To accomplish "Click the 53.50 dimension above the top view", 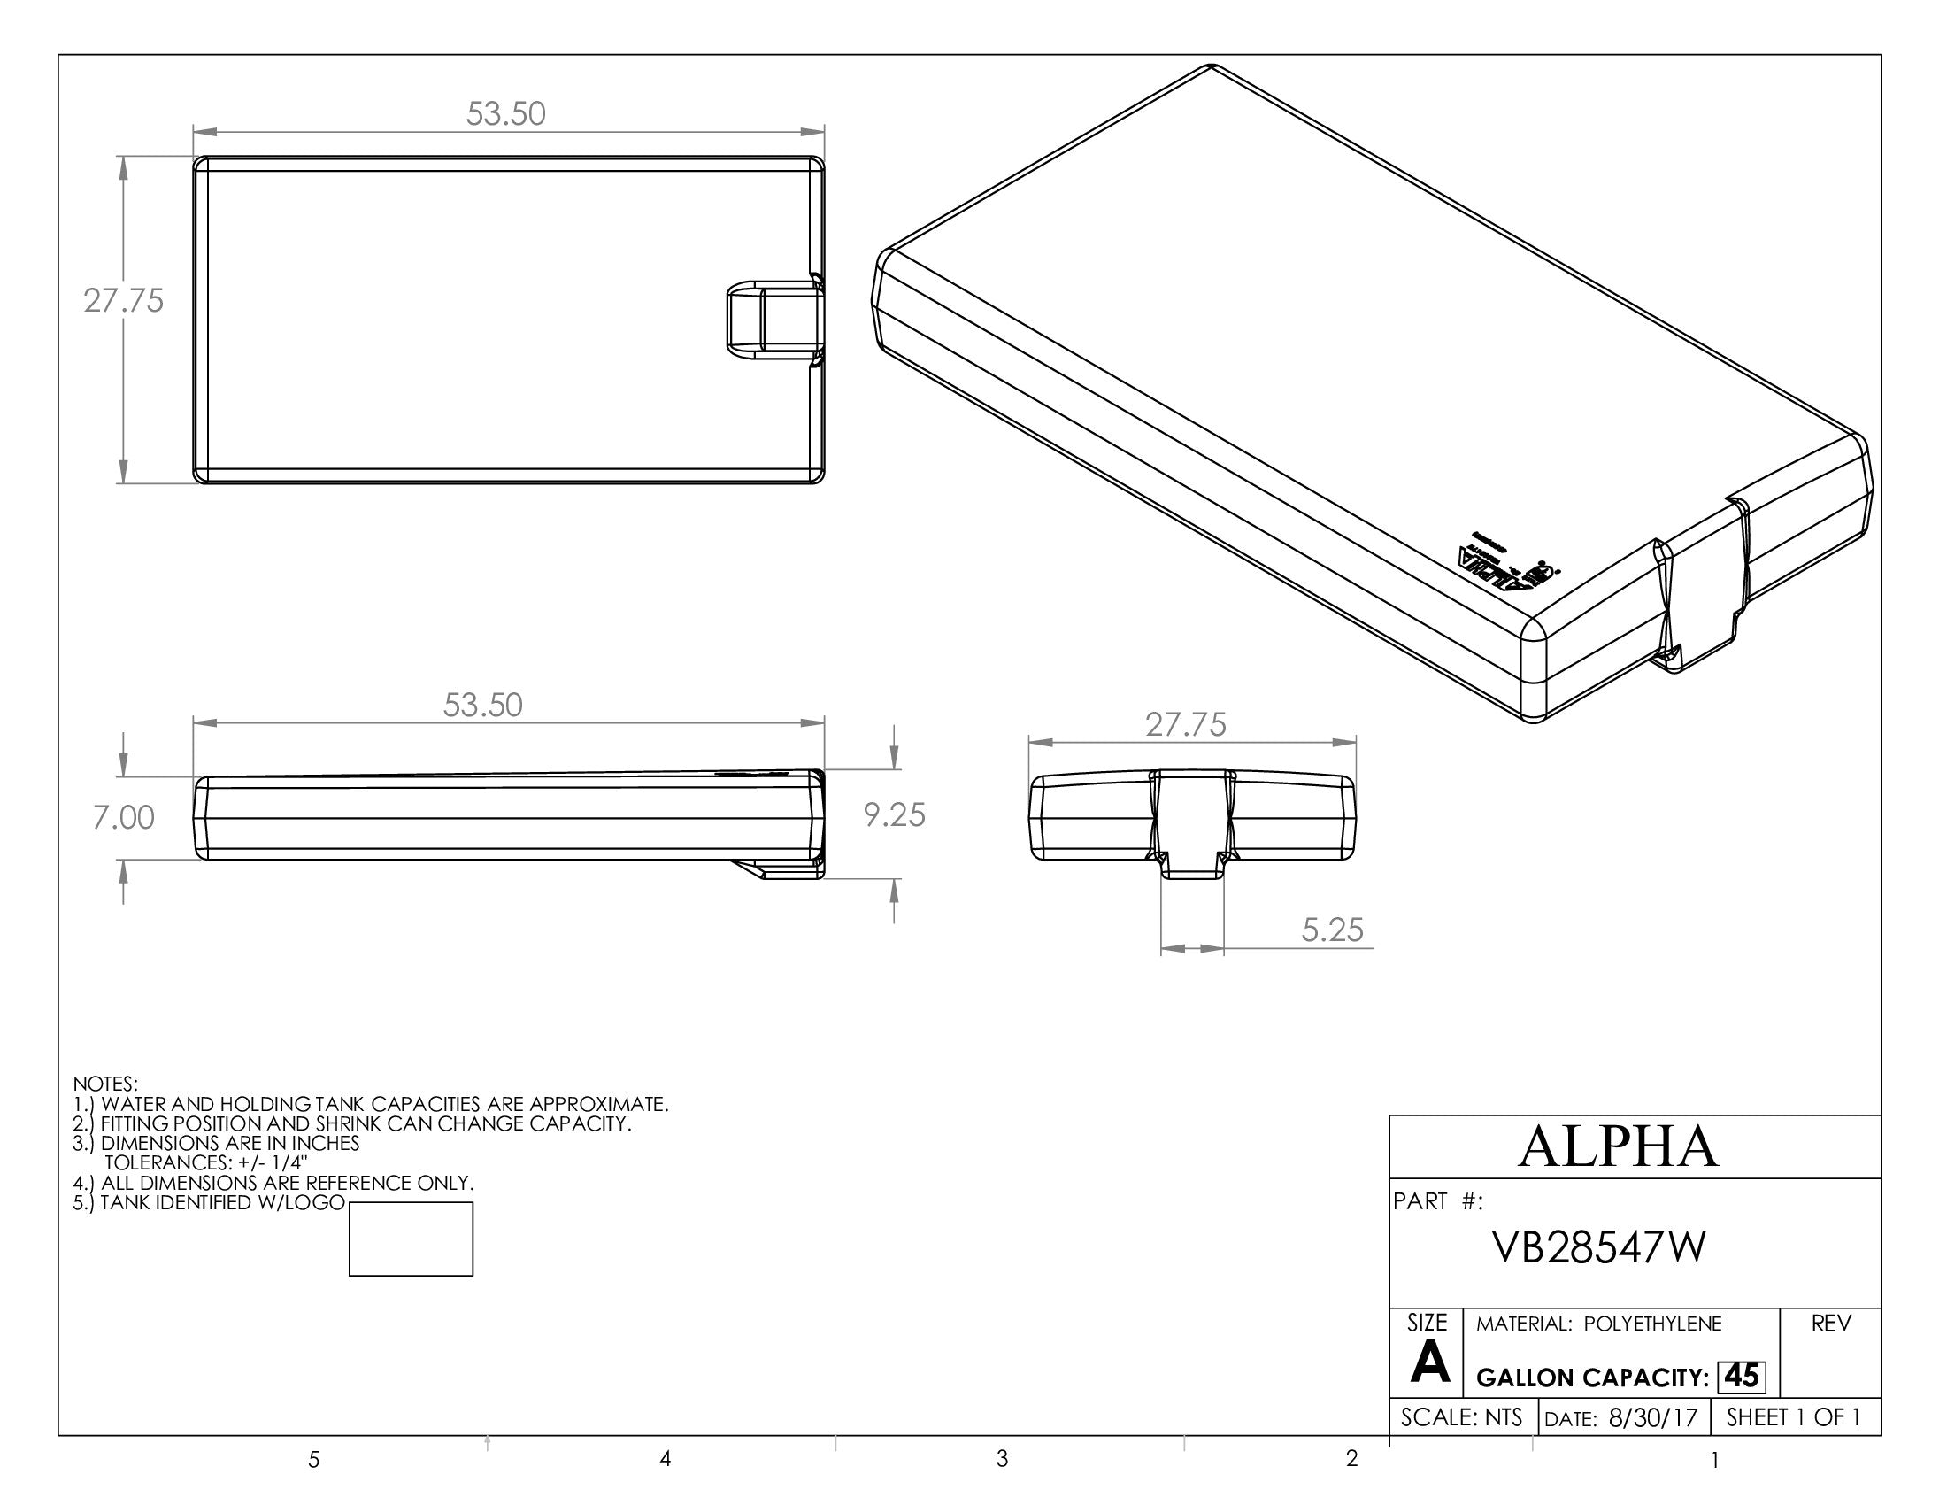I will click(505, 114).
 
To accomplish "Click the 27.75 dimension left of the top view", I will click(124, 301).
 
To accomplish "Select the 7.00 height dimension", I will click(124, 818).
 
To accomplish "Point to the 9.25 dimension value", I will click(894, 814).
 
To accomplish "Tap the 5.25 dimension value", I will click(1332, 930).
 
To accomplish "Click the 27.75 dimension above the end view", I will click(1186, 725).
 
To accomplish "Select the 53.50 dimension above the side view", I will click(482, 706).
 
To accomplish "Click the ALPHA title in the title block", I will click(1617, 1147).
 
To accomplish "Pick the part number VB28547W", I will click(1599, 1249).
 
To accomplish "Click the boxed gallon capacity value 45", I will click(1741, 1377).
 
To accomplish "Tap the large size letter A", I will click(1430, 1363).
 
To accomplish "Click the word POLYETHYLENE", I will click(1653, 1324).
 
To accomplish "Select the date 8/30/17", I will click(1654, 1418).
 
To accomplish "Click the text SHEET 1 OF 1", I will click(1793, 1417).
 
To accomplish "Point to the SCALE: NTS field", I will click(1461, 1417).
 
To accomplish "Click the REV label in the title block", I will click(1831, 1324).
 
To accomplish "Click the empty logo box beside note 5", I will click(411, 1239).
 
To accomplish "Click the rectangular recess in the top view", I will click(772, 320).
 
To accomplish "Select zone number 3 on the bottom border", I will click(1002, 1460).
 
